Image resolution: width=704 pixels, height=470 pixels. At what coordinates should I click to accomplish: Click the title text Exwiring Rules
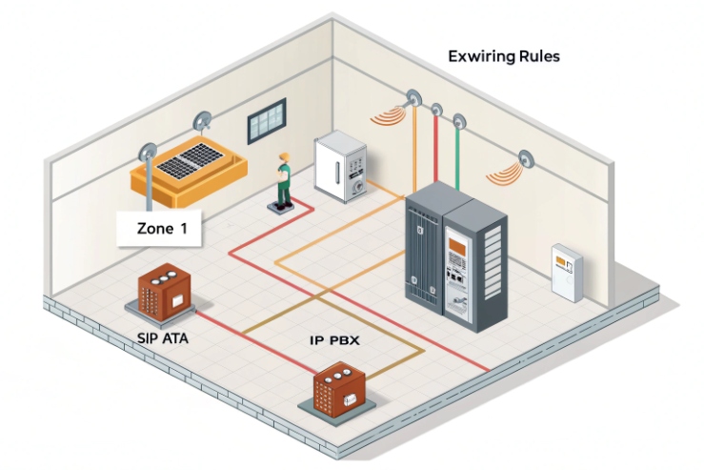click(x=503, y=56)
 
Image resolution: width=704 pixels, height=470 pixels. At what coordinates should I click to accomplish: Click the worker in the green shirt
click(x=282, y=179)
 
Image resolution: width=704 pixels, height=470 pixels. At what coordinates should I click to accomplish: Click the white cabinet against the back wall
click(x=339, y=168)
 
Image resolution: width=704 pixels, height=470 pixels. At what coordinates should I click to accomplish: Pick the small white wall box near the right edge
click(x=566, y=273)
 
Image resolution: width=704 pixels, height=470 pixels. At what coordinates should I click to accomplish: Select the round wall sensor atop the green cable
click(x=458, y=123)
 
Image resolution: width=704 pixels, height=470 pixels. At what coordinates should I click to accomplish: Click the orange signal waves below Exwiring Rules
click(x=388, y=117)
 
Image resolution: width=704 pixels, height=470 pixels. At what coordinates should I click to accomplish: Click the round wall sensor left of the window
click(x=202, y=121)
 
